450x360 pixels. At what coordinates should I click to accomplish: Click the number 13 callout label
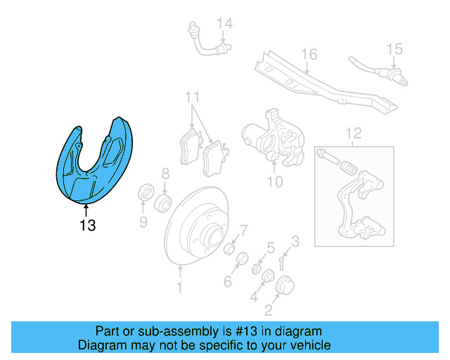tap(87, 226)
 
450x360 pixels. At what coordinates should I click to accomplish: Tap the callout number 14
tap(224, 24)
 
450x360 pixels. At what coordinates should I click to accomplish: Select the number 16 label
tap(309, 54)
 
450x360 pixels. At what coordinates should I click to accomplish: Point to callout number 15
tap(394, 49)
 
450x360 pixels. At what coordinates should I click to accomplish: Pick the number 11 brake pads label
tap(193, 96)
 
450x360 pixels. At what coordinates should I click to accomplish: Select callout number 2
tap(269, 309)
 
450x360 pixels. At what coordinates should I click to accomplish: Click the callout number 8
tap(165, 174)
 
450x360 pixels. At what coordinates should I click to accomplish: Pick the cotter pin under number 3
tap(281, 263)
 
